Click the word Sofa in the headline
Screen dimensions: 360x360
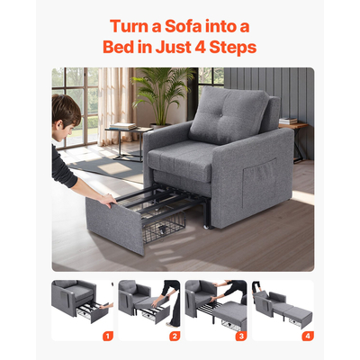coord(184,26)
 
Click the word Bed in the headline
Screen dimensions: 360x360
coord(117,48)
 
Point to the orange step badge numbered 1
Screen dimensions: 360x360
coord(108,336)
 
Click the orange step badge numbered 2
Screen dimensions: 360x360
coord(175,336)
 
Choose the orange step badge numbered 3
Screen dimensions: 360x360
coord(241,336)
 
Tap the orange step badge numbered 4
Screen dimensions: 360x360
coord(308,336)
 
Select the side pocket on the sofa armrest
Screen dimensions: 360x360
coord(260,183)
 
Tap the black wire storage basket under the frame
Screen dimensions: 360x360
coord(164,227)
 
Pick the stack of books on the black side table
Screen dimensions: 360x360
coord(122,126)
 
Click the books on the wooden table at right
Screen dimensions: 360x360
coord(288,121)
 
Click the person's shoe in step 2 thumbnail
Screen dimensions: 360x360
coord(173,325)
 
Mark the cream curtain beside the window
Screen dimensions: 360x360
coord(114,105)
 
